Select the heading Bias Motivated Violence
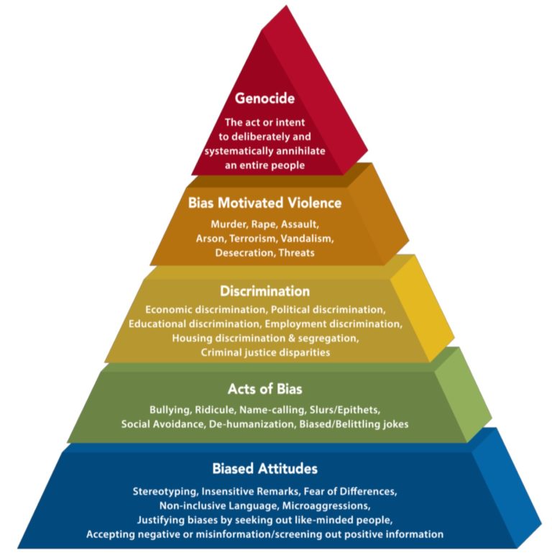coord(264,203)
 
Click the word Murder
coord(229,224)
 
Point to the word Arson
coord(210,238)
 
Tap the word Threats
coord(298,252)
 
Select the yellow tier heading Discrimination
coord(264,291)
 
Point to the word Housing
coord(193,338)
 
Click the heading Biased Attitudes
coord(264,469)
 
